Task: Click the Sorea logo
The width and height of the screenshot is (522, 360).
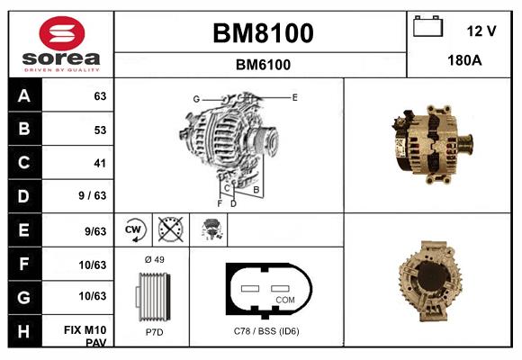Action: pyautogui.click(x=60, y=44)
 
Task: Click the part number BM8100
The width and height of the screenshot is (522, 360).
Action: pyautogui.click(x=262, y=34)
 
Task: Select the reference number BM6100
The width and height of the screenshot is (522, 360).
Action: pyautogui.click(x=262, y=65)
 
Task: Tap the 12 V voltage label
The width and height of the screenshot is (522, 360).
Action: pyautogui.click(x=481, y=31)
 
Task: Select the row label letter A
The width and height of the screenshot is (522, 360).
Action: pyautogui.click(x=24, y=96)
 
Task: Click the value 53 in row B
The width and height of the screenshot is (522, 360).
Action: pyautogui.click(x=100, y=130)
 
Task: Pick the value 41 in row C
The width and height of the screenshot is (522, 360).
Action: pyautogui.click(x=100, y=164)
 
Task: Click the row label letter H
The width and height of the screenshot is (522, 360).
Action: pyautogui.click(x=24, y=331)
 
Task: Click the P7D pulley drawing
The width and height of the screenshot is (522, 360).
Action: pyautogui.click(x=152, y=296)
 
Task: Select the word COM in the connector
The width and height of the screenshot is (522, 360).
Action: pyautogui.click(x=284, y=299)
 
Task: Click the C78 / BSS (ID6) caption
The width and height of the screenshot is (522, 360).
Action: pyautogui.click(x=265, y=332)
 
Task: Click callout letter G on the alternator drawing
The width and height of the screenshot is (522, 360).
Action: pyautogui.click(x=195, y=98)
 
